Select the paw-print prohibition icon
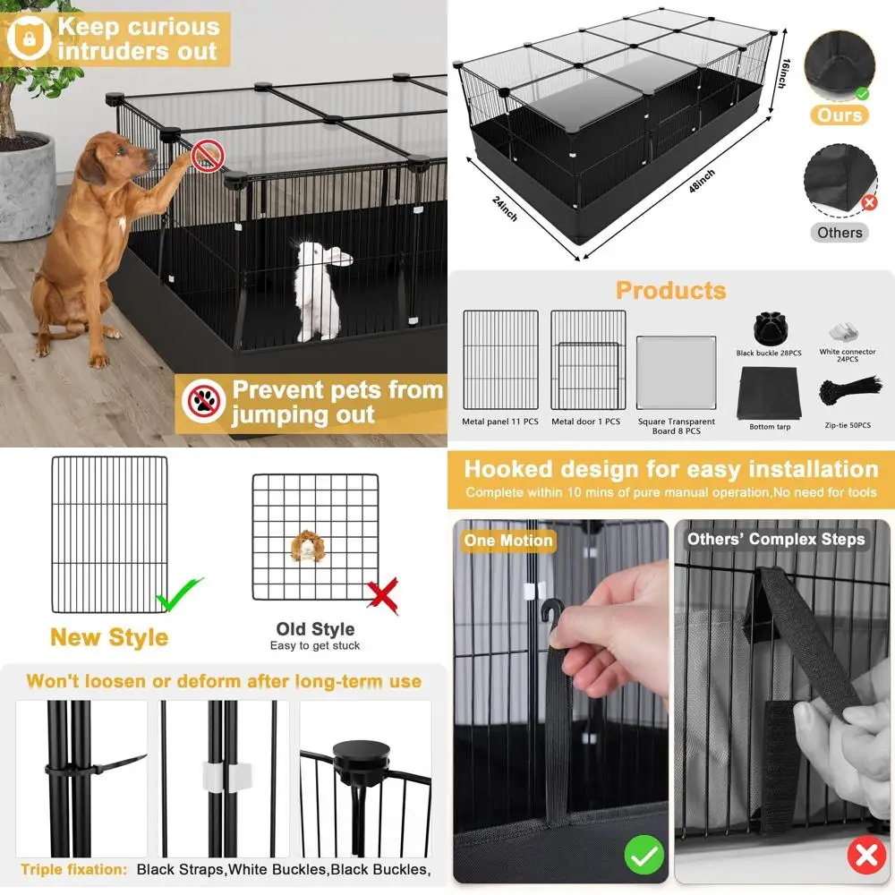(203, 403)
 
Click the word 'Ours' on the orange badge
(840, 115)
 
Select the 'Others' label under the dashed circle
(840, 233)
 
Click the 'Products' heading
(670, 291)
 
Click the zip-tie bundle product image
(848, 391)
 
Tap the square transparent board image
(676, 373)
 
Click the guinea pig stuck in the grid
(307, 545)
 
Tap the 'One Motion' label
(507, 541)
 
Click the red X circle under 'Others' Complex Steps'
(865, 857)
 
